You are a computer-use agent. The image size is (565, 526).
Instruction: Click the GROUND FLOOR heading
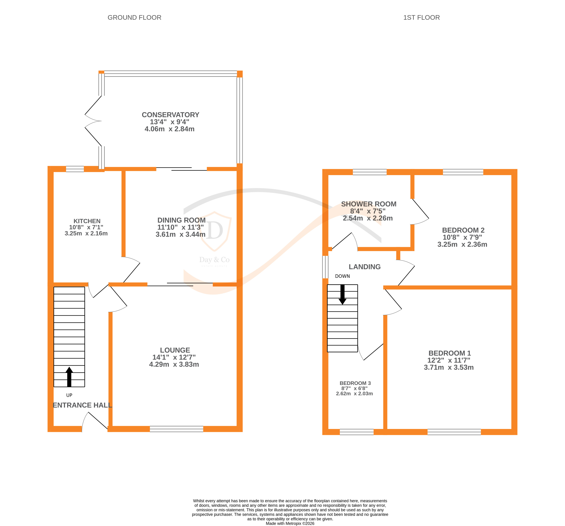pyautogui.click(x=134, y=18)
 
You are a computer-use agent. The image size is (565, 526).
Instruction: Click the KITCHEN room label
pyautogui.click(x=87, y=221)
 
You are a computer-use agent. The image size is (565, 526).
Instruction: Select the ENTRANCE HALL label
pyautogui.click(x=82, y=405)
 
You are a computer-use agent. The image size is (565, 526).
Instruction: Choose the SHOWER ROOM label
pyautogui.click(x=369, y=204)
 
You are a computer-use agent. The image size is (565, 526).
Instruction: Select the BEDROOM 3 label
pyautogui.click(x=355, y=383)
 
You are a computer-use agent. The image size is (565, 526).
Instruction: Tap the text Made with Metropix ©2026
pyautogui.click(x=290, y=523)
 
